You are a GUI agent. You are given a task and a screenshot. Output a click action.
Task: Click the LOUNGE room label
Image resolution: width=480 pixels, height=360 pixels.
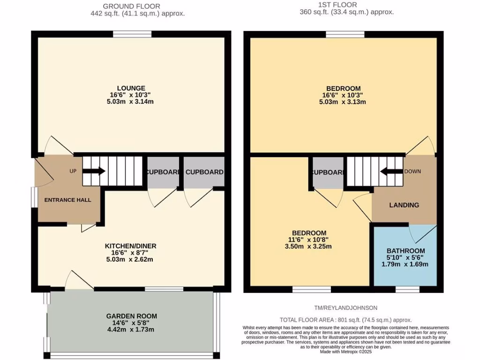(131, 88)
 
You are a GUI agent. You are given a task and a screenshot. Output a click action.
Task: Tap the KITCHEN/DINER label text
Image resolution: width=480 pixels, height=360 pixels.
(130, 246)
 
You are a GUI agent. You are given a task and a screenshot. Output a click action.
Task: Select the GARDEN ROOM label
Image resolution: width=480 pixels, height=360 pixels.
(131, 316)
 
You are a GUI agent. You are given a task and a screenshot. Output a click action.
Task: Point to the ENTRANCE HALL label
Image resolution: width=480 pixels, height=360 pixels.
(67, 200)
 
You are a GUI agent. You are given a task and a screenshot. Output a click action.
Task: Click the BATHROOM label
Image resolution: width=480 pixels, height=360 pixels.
(405, 251)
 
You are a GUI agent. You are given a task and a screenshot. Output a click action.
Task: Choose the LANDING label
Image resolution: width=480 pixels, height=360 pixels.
(404, 205)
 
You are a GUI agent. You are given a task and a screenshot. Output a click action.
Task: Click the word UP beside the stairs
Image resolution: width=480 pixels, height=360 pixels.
(73, 171)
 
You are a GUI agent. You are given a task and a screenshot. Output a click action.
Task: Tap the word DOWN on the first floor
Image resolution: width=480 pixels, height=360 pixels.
(412, 171)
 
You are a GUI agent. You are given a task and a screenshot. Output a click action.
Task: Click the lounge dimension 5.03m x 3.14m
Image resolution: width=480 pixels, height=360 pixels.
(131, 102)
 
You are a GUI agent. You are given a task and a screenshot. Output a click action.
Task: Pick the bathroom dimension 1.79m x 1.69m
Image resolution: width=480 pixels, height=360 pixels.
(405, 264)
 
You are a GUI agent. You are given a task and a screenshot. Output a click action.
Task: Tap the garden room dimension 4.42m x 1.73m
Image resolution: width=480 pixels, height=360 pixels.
(131, 330)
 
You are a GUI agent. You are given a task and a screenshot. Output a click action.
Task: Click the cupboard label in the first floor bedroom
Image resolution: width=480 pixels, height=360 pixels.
(328, 172)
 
